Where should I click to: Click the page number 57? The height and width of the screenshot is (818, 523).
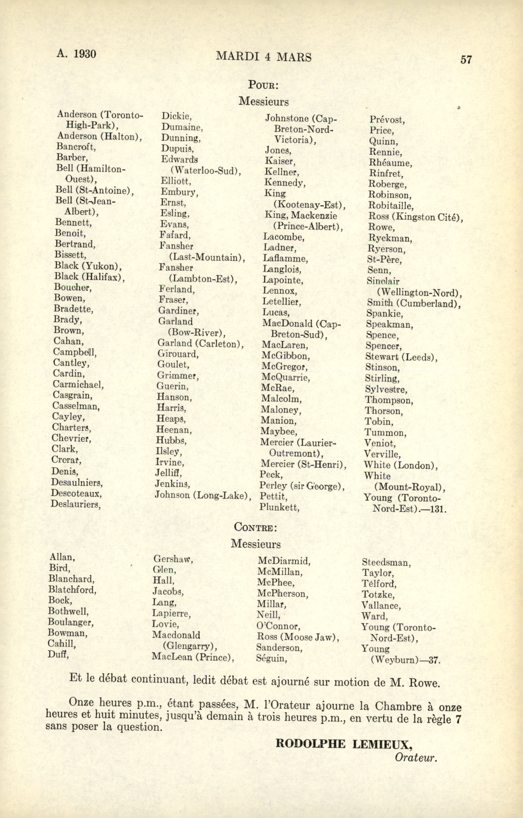point(466,60)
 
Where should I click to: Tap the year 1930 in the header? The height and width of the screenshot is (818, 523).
point(85,54)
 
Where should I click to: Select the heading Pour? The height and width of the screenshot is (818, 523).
point(263,85)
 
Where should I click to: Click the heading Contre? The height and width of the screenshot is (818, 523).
point(256,527)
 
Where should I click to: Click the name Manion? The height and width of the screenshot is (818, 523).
point(278,421)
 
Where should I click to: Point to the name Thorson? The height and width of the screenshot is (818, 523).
point(384,411)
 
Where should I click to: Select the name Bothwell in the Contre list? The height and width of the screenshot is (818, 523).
point(68,611)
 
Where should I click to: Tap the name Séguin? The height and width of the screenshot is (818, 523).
point(271,658)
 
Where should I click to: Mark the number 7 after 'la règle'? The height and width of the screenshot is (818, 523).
point(458,719)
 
